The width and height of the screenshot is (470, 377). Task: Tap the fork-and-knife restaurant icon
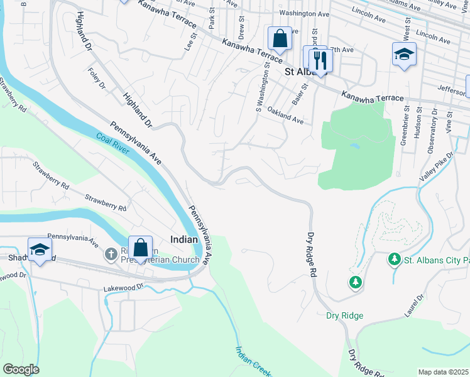[x=321, y=60]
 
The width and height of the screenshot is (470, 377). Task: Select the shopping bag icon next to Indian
[x=141, y=248]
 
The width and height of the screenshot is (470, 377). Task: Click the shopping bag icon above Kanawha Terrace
[x=280, y=38]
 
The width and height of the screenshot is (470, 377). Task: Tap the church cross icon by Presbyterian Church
[x=111, y=254]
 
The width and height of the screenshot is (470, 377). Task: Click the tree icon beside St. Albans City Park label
[x=394, y=259]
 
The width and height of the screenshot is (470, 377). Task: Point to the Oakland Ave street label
[x=285, y=115]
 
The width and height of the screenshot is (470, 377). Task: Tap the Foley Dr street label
[x=97, y=79]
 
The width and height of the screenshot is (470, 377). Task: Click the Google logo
[x=21, y=369]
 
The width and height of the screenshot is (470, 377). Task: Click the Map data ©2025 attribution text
[x=444, y=372]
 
